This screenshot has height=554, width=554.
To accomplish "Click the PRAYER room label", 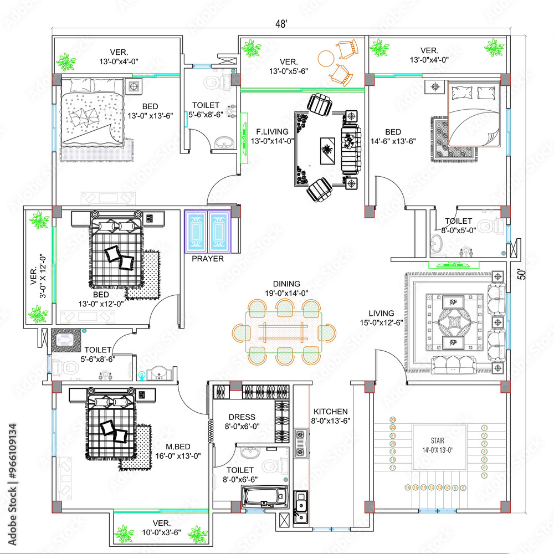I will pyautogui.click(x=208, y=259).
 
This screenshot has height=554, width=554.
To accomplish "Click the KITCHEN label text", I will pyautogui.click(x=331, y=412).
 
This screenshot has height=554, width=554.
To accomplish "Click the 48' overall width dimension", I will pyautogui.click(x=281, y=24).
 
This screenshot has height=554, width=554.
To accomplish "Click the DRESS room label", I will pyautogui.click(x=242, y=417).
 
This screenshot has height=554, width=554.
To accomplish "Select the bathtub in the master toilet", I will pyautogui.click(x=264, y=495).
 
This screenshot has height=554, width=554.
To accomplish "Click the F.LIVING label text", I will pyautogui.click(x=271, y=132).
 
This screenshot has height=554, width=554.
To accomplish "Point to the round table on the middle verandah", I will pyautogui.click(x=325, y=57).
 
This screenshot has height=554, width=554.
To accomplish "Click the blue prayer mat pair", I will pyautogui.click(x=207, y=231).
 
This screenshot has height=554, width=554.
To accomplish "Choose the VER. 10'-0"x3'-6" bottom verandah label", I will pyautogui.click(x=161, y=527).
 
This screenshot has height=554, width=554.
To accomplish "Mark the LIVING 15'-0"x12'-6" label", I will pyautogui.click(x=381, y=317).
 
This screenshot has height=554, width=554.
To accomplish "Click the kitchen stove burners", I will pyautogui.click(x=301, y=443).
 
